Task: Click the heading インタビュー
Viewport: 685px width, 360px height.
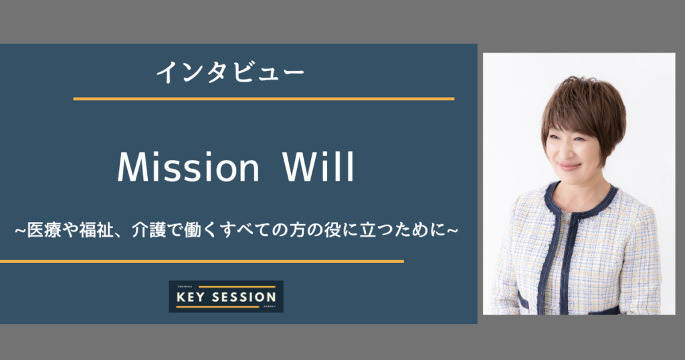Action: (230, 72)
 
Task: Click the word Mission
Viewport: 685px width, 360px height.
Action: (188, 167)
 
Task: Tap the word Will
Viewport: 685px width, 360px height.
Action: (318, 167)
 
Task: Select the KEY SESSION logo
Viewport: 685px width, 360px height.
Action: (226, 296)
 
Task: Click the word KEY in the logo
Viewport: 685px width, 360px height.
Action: (191, 298)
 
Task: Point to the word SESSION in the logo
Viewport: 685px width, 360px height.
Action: (243, 298)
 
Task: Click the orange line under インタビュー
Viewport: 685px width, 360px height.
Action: (264, 99)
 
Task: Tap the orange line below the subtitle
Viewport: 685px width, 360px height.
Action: (202, 262)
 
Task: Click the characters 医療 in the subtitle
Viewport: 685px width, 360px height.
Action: (44, 230)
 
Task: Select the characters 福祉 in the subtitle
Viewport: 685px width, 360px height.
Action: (96, 230)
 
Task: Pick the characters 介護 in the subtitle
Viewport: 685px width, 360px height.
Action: (149, 230)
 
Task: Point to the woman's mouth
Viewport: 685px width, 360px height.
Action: (570, 167)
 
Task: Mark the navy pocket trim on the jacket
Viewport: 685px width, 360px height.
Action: (523, 302)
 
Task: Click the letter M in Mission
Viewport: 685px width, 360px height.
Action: (131, 167)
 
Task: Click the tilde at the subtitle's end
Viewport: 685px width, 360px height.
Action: (452, 230)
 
